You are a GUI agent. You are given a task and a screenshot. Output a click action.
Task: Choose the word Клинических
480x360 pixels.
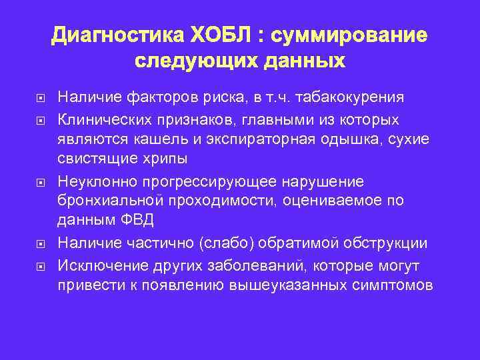pyautogui.click(x=101, y=119)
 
